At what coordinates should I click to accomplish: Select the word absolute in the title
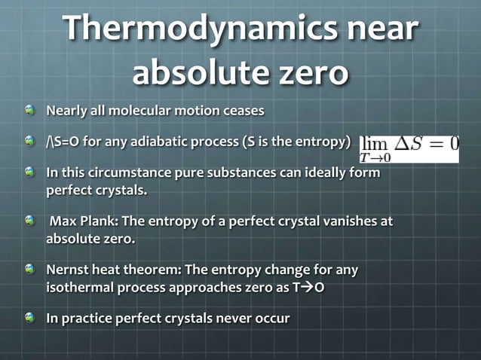(192, 73)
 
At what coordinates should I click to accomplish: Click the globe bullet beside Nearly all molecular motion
(29, 111)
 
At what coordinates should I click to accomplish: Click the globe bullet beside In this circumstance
(29, 172)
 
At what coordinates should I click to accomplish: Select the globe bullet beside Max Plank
(29, 221)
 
